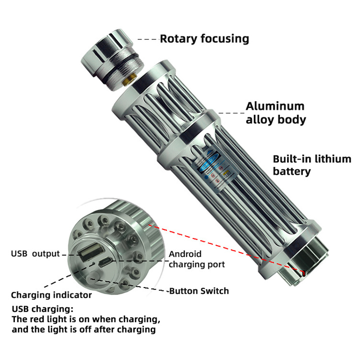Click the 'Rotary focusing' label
coord(204,39)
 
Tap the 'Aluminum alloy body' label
coord(276,113)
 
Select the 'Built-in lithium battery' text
coord(312,165)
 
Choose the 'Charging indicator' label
coord(51,295)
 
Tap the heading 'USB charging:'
coord(43,309)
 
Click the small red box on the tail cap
coord(303,273)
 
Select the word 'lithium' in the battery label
coord(333,159)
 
